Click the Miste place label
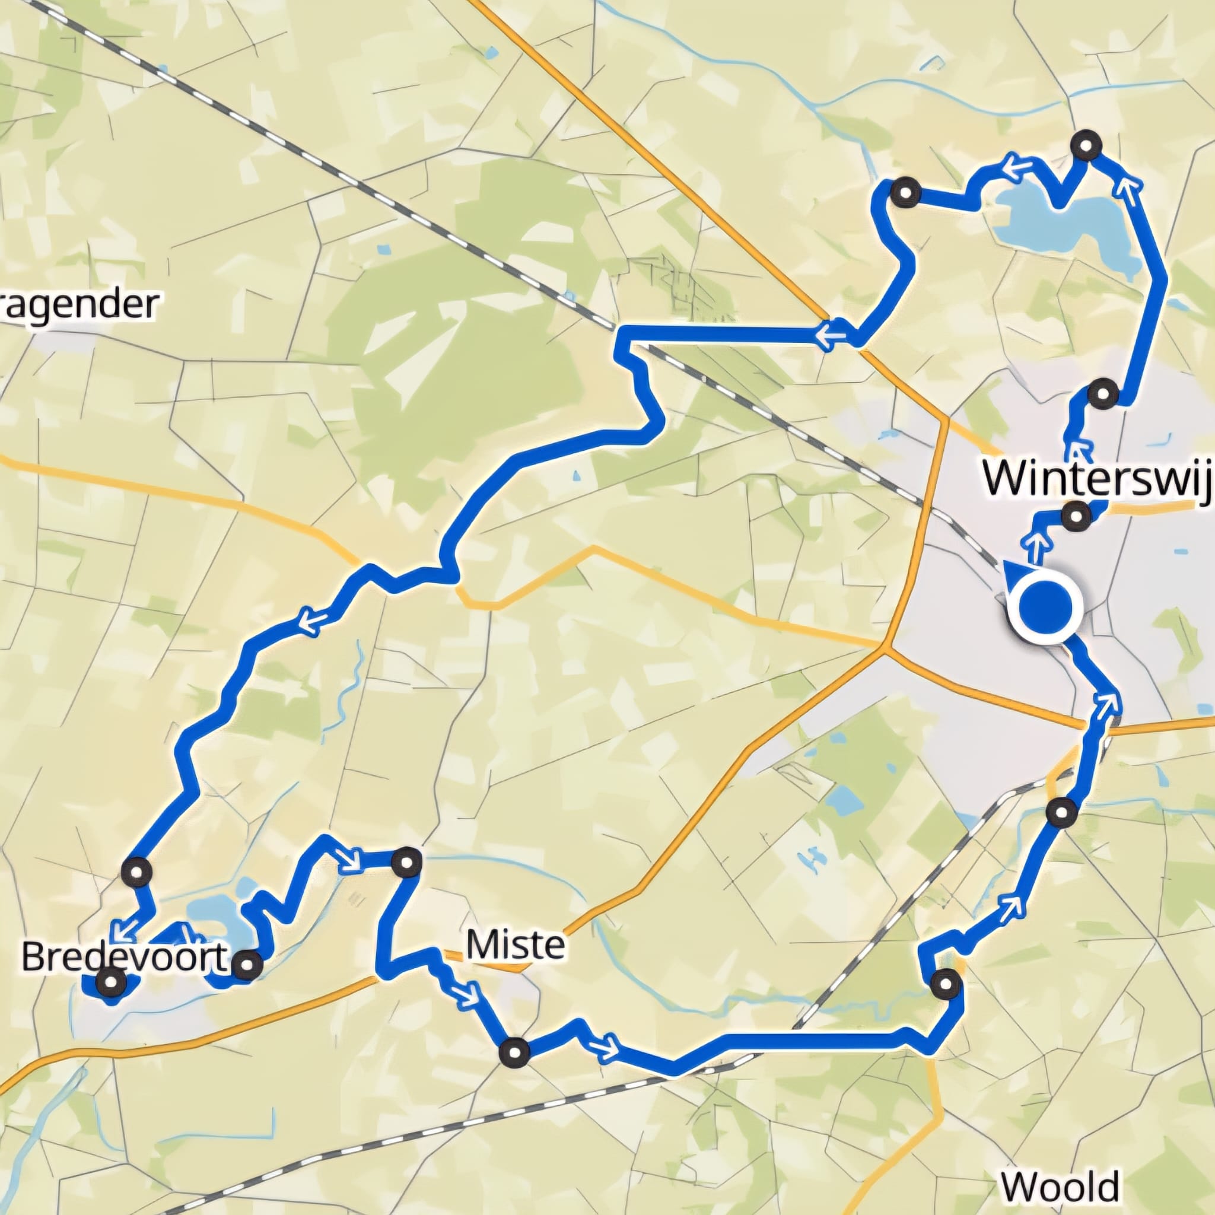515,944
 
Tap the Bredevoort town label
123,958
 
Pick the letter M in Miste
481,944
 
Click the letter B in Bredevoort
33,958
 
